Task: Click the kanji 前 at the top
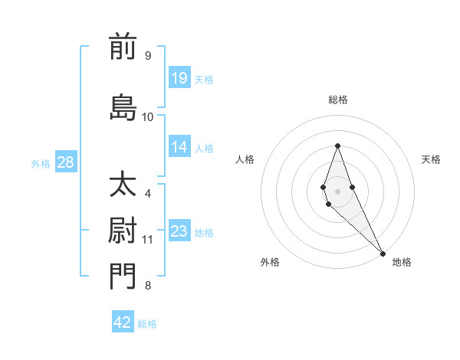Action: (123, 47)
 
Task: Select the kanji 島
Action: (123, 107)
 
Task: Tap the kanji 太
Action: (123, 185)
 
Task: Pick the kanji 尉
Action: (123, 231)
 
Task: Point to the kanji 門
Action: (123, 277)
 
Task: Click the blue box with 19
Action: (179, 78)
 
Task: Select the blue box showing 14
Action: (179, 148)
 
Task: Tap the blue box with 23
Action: (179, 232)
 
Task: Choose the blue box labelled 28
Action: (64, 162)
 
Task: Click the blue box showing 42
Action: (123, 322)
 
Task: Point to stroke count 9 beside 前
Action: (147, 56)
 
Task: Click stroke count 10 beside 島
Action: (148, 117)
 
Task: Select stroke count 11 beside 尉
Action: (148, 240)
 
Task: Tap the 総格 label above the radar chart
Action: (337, 100)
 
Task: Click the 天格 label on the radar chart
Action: (431, 159)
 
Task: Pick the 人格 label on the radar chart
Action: (245, 159)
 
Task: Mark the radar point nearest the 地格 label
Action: (383, 251)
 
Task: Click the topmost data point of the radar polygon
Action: (337, 146)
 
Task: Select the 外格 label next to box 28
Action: (41, 163)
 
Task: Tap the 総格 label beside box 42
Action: (147, 324)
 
